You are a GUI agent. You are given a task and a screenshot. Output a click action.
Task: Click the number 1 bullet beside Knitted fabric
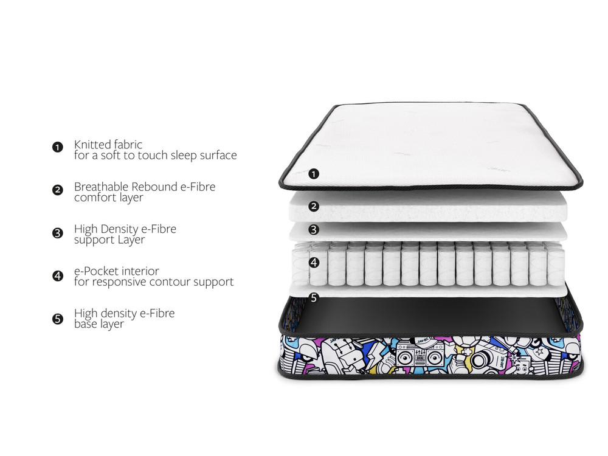pyautogui.click(x=58, y=147)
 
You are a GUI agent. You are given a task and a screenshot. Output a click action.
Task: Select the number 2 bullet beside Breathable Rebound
pyautogui.click(x=58, y=190)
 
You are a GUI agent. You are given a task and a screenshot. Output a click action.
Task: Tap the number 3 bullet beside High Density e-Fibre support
pyautogui.click(x=58, y=232)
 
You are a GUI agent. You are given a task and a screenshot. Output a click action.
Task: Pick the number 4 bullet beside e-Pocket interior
pyautogui.click(x=58, y=275)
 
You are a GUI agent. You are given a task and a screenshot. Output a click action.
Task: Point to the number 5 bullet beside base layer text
pyautogui.click(x=58, y=318)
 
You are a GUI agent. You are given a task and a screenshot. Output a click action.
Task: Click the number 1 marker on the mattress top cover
pyautogui.click(x=314, y=174)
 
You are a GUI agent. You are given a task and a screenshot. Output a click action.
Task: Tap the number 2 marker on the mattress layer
pyautogui.click(x=314, y=206)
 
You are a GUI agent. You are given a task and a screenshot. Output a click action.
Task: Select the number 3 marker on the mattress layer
pyautogui.click(x=314, y=230)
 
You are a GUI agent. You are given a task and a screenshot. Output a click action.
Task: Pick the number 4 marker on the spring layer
pyautogui.click(x=314, y=263)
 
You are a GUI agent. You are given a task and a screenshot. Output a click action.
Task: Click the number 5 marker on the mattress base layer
pyautogui.click(x=314, y=298)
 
